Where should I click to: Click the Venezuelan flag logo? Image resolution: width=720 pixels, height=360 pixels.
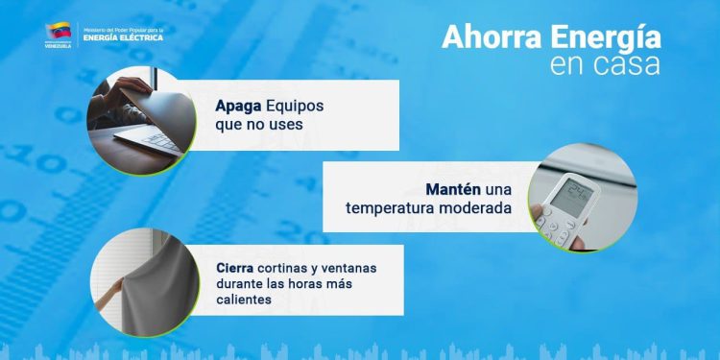pyautogui.click(x=57, y=33)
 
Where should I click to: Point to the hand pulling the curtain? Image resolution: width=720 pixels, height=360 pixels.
pyautogui.click(x=113, y=285)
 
